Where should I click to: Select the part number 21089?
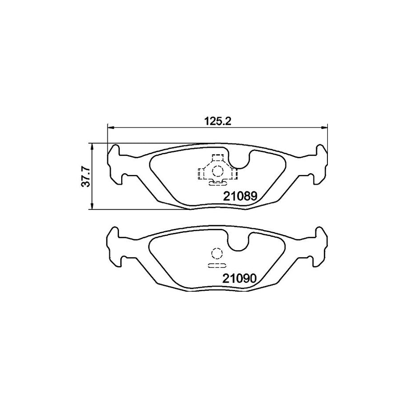coord(239,197)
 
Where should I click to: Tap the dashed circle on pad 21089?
coord(218,171)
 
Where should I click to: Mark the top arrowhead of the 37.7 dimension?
coord(92,146)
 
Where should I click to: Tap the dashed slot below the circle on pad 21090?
coord(216,265)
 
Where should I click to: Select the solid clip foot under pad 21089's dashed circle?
coord(218,183)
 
